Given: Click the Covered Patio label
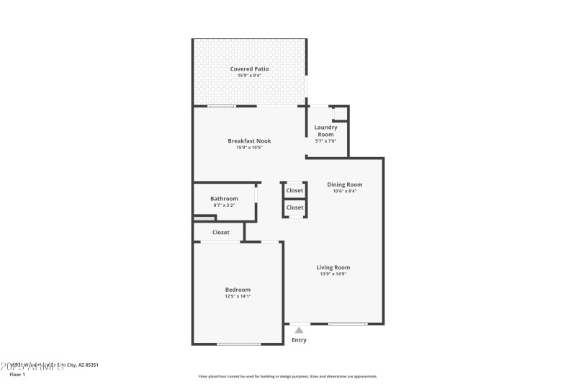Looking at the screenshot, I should [x=249, y=68].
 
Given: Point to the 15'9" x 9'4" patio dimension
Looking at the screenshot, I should [x=249, y=76].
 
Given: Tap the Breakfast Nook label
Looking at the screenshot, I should [x=249, y=140].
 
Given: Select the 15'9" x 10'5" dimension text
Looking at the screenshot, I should [x=249, y=148].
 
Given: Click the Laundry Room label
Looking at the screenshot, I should [x=326, y=130].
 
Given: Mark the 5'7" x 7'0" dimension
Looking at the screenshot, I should [x=326, y=141].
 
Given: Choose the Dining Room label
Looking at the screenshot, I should [x=344, y=184].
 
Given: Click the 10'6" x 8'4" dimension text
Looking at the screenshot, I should [x=344, y=191].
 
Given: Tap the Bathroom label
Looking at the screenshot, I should [x=224, y=198].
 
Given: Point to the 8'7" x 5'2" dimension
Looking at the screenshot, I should [x=224, y=205].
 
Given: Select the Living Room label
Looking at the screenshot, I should [x=333, y=267].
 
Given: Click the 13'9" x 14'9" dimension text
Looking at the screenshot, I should [x=333, y=274].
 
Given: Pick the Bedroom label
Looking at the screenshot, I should [x=238, y=289].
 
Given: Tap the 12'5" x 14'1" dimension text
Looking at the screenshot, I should [x=238, y=296].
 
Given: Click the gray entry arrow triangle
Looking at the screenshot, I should [x=299, y=330].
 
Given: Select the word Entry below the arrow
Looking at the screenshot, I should [x=299, y=340].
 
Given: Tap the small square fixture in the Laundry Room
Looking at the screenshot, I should [x=339, y=113].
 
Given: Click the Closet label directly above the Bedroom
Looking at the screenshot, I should [x=221, y=232].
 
